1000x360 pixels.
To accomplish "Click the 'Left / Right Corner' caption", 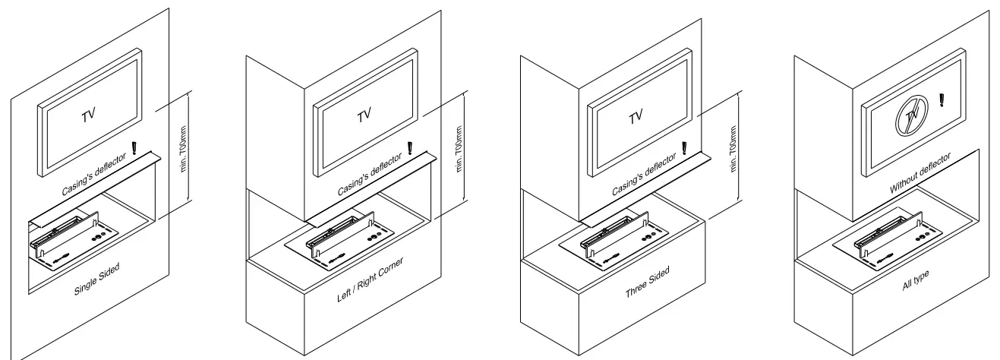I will pyautogui.click(x=371, y=280).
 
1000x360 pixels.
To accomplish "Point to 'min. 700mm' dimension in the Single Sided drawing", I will pyautogui.click(x=184, y=158).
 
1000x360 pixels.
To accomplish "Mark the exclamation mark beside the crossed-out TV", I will pyautogui.click(x=942, y=99).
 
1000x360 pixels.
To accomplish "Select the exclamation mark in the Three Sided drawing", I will pyautogui.click(x=685, y=147).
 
